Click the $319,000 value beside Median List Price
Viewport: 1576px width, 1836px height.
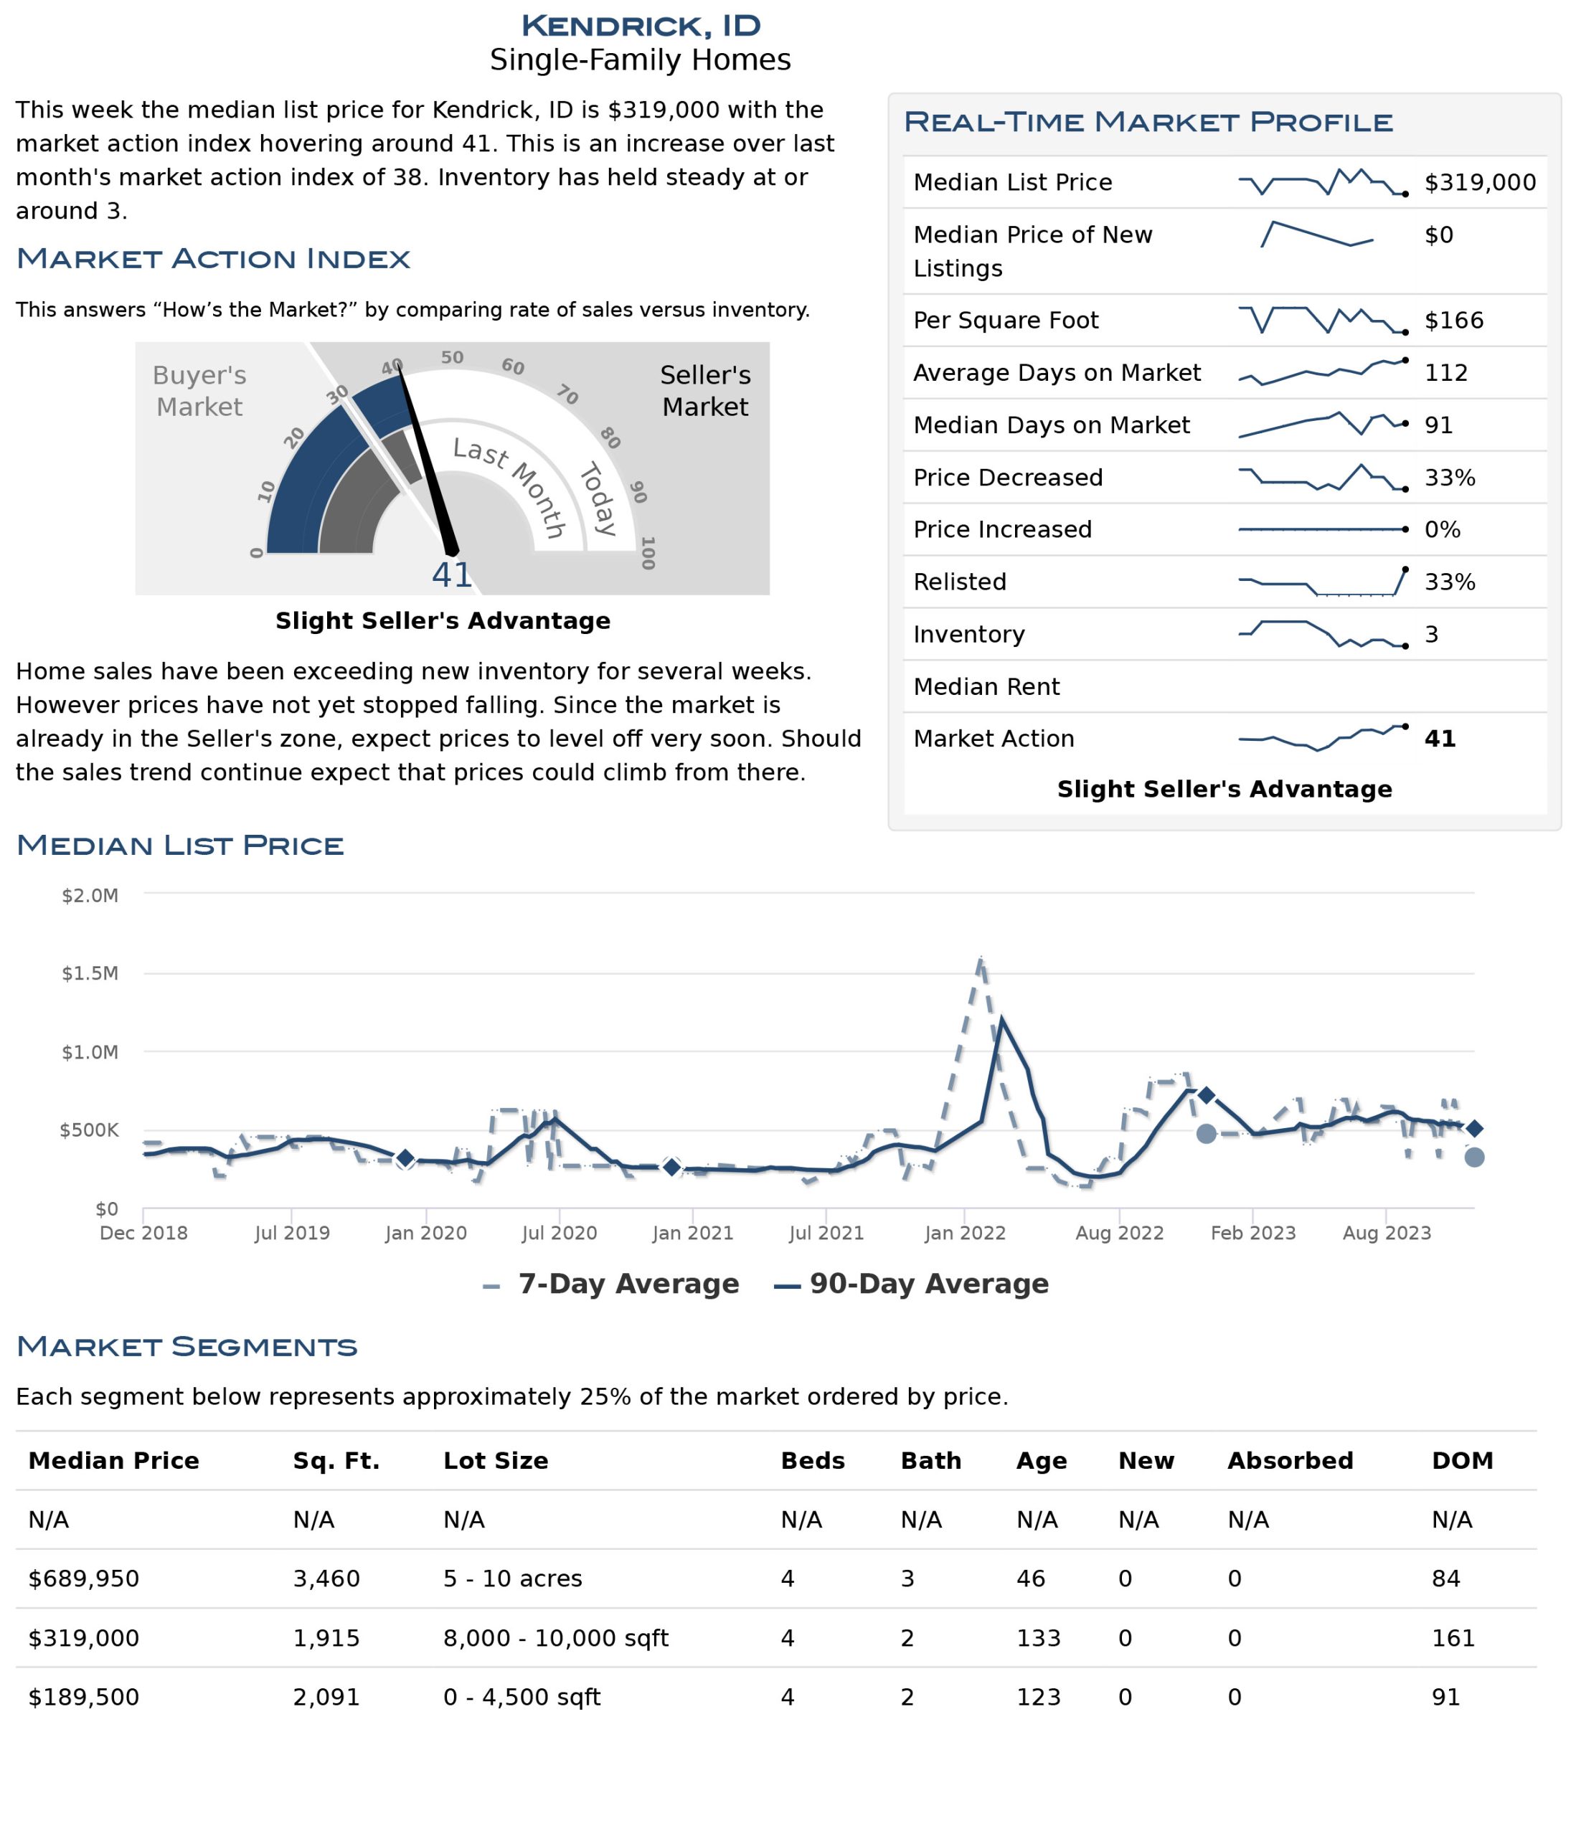(1479, 183)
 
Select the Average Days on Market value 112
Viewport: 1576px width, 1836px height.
(1445, 373)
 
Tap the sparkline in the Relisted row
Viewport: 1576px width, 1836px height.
(1321, 582)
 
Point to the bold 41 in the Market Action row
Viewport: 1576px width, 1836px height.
(1440, 738)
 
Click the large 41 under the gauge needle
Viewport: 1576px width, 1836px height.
(452, 575)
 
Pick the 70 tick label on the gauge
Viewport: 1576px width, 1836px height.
(567, 394)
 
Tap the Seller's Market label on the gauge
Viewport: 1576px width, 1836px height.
(706, 391)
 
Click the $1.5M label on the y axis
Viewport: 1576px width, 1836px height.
(90, 973)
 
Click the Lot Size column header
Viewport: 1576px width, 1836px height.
(496, 1460)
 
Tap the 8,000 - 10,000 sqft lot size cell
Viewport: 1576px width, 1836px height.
(556, 1637)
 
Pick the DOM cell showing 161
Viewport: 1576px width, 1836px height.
(1453, 1637)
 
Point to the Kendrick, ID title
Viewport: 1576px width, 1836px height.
(640, 26)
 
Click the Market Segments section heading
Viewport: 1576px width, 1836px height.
(187, 1347)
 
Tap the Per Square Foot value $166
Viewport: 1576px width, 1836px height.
(1453, 321)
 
